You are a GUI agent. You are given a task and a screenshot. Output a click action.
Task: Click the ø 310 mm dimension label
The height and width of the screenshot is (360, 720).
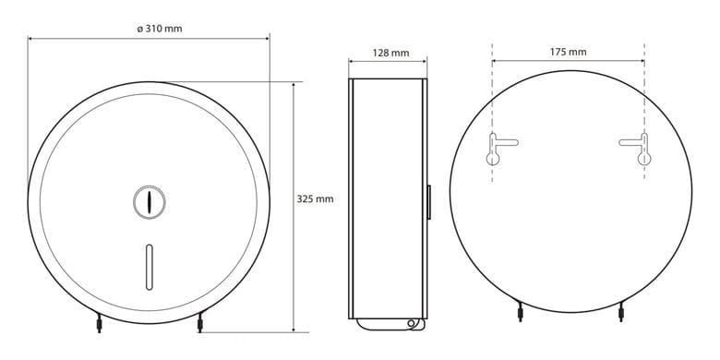pos(160,29)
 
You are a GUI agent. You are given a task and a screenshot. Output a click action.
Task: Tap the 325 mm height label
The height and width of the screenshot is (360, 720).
pos(315,199)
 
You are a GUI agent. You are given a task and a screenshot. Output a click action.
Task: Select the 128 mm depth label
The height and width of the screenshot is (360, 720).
pos(390,53)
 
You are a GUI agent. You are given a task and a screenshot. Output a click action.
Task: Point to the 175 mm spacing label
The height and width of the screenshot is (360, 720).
pos(568,52)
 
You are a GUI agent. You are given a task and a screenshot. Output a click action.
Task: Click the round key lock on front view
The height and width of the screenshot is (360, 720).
pos(150,202)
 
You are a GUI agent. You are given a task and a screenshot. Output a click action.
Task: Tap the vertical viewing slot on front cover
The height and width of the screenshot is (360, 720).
pos(149,268)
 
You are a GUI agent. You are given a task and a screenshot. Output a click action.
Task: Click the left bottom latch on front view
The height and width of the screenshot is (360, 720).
pos(99,322)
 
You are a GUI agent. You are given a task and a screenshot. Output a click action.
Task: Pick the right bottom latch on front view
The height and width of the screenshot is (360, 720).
pos(199,322)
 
